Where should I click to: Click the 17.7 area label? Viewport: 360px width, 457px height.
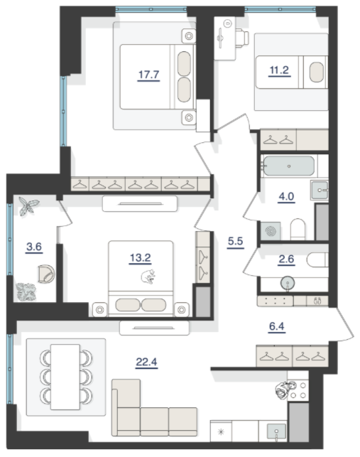[x=148, y=75]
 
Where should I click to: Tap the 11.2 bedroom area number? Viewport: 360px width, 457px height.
[x=279, y=70]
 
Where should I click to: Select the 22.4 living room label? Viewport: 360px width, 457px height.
[x=146, y=362]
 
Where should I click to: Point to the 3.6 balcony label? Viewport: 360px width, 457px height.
[x=34, y=247]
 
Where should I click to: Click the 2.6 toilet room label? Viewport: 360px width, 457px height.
[x=286, y=259]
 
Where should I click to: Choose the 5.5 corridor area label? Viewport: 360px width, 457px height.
[x=235, y=242]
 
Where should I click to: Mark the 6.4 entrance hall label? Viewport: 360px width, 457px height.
[x=277, y=326]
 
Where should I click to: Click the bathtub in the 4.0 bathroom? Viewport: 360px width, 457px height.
[x=289, y=166]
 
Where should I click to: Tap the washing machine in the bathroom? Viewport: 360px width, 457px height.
[x=271, y=231]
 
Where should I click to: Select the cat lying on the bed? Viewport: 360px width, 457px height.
[x=148, y=276]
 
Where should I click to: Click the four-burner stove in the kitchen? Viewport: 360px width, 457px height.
[x=298, y=390]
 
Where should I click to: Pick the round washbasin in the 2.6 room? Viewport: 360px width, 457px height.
[x=288, y=283]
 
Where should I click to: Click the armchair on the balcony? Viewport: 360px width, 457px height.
[x=46, y=274]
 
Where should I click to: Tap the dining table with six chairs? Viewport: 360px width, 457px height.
[x=65, y=377]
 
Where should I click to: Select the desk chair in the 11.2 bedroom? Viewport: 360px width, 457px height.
[x=242, y=38]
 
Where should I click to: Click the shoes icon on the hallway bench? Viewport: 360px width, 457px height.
[x=317, y=301]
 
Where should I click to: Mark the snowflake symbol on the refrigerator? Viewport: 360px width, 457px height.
[x=221, y=431]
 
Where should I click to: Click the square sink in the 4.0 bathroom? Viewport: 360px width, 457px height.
[x=320, y=190]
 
